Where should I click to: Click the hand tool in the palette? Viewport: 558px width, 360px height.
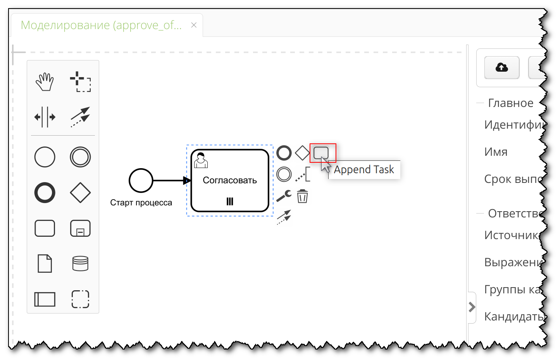pos(45,82)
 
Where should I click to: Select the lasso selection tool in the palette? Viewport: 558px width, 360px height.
pos(80,82)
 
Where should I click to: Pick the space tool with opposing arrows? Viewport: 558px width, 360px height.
pos(45,117)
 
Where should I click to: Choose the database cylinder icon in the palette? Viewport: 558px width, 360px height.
pos(80,264)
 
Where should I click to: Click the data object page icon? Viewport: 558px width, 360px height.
pos(45,264)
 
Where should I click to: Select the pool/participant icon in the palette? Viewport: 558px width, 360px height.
pos(45,299)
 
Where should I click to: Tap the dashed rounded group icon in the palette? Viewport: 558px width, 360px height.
pos(80,299)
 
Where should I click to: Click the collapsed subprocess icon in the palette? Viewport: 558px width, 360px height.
pos(80,228)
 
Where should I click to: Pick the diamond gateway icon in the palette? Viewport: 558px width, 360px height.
pos(80,193)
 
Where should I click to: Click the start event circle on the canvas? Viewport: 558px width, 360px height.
pos(141,180)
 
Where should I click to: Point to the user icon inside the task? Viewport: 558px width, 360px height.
pos(201,160)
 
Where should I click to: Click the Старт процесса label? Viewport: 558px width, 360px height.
pos(141,203)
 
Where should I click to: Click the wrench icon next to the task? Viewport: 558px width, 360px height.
pos(284,196)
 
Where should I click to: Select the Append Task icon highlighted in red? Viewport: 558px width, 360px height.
pos(321,153)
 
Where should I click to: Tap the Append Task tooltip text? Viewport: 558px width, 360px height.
pos(364,170)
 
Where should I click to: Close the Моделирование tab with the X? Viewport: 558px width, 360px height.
pos(194,25)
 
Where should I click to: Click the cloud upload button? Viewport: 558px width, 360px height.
pos(502,67)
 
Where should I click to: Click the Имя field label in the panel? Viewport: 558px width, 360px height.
pos(496,152)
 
